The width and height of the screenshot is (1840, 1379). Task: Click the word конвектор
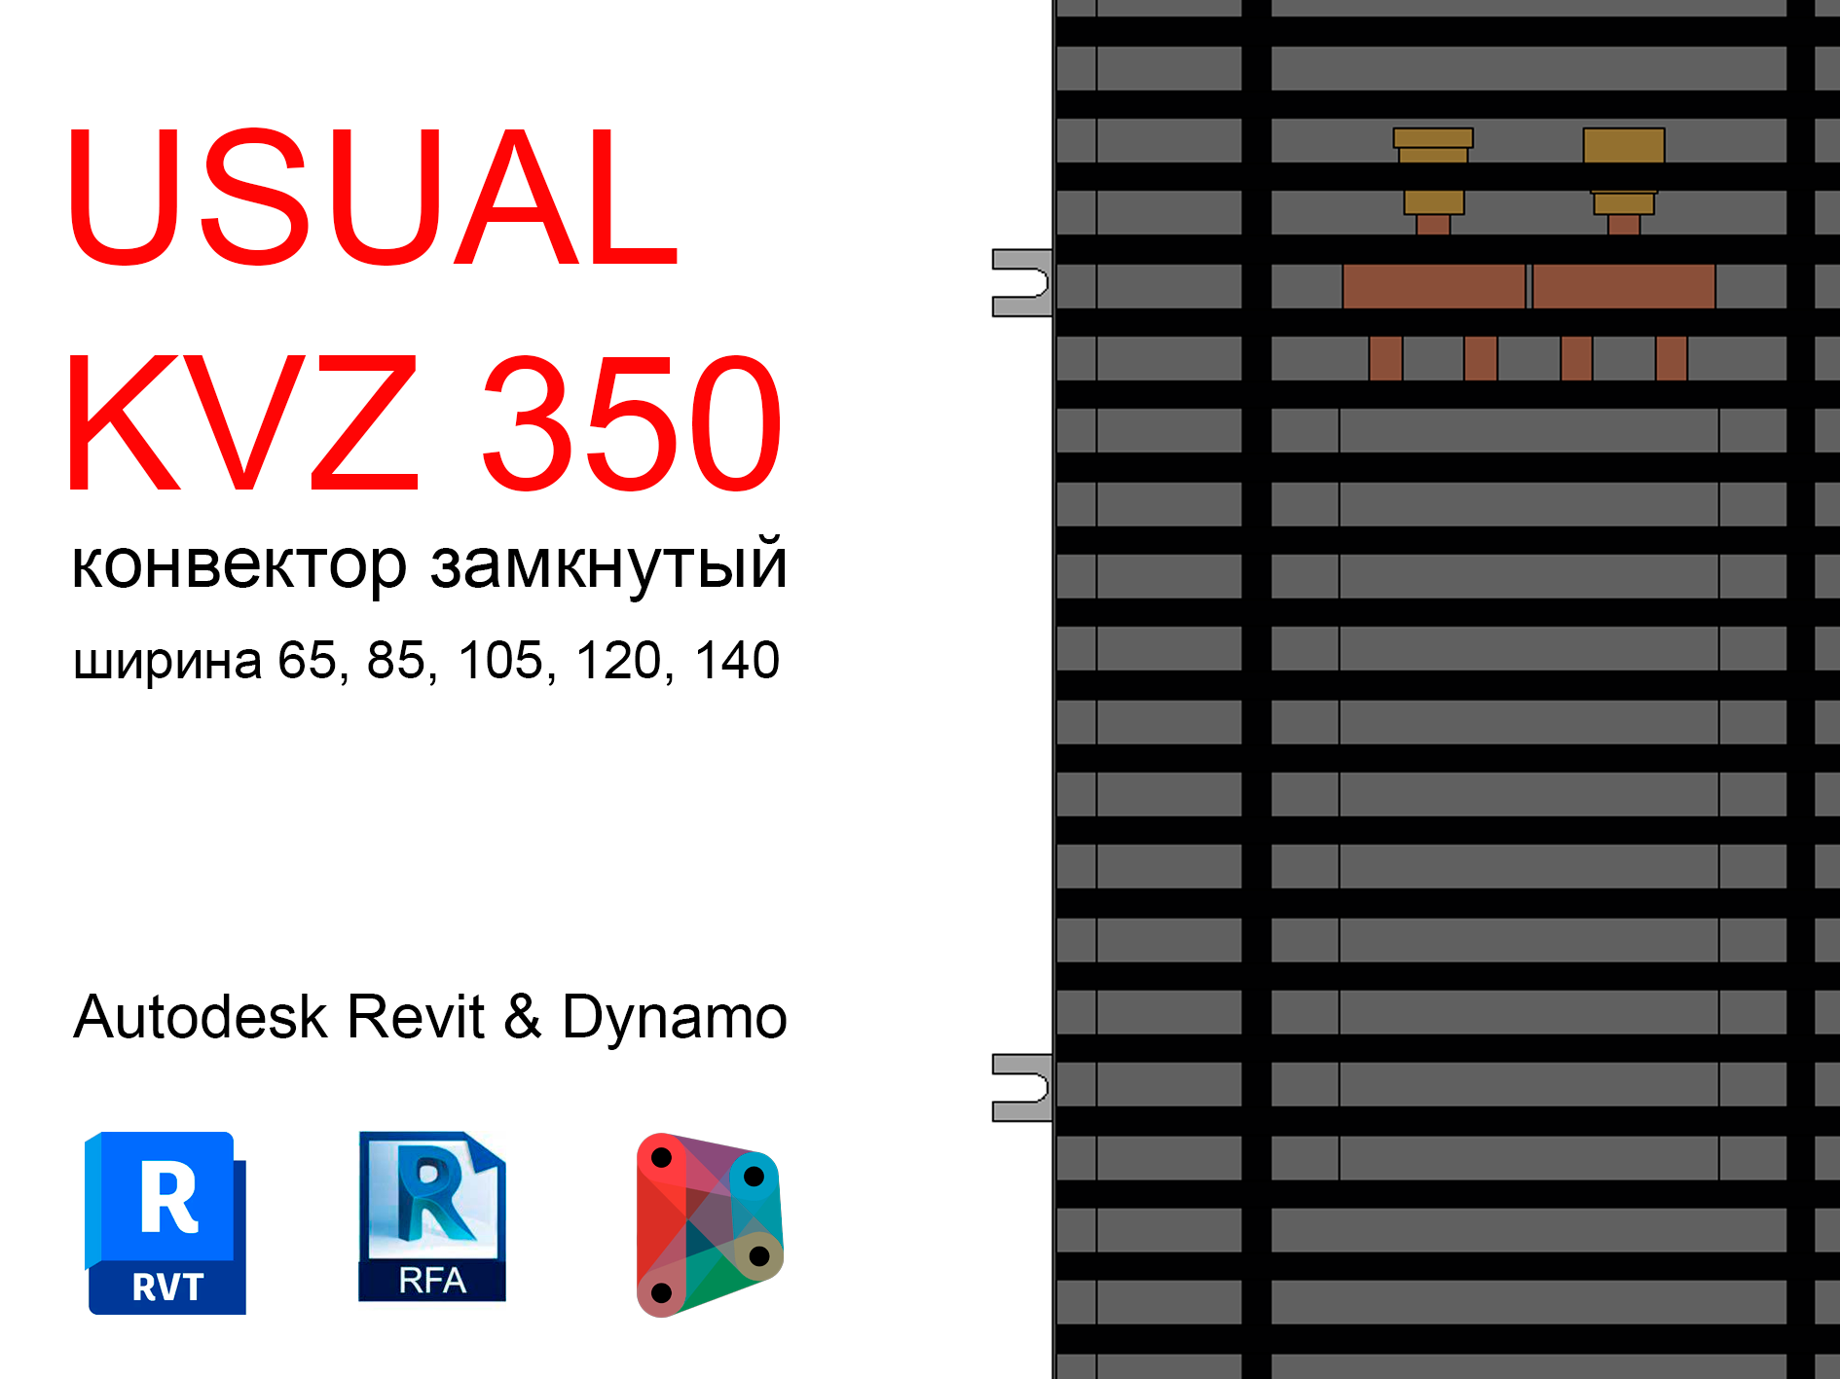coord(239,564)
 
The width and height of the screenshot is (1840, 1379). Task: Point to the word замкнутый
coord(608,564)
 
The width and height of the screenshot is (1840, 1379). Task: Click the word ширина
coord(167,662)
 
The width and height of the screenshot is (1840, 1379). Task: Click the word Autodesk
coord(200,1017)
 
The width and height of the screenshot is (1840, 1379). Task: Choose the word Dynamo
coord(674,1017)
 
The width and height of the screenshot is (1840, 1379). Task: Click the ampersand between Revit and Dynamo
coord(523,1017)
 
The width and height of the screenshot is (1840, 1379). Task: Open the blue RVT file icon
coord(166,1223)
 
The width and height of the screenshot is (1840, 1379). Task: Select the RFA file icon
coord(432,1216)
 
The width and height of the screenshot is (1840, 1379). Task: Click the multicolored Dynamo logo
coord(709,1224)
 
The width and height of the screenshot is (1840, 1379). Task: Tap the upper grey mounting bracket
coord(1020,283)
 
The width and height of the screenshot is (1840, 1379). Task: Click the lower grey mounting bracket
coord(1020,1087)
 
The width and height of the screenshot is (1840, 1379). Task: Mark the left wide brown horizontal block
coord(1433,286)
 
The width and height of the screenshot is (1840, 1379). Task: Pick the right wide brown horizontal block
coord(1623,286)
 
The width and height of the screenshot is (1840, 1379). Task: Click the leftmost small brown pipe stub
coord(1385,358)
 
